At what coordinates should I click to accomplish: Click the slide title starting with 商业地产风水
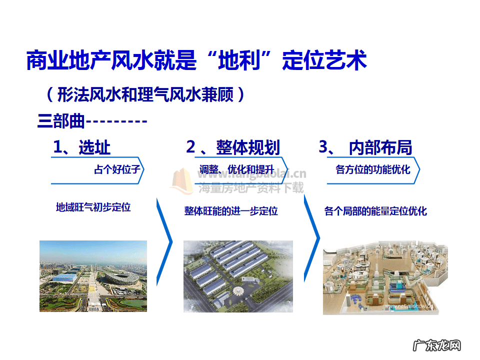tap(196, 60)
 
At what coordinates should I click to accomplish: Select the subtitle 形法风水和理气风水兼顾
tap(145, 94)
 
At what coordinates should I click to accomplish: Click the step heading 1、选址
tap(82, 147)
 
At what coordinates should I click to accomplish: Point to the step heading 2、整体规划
tap(233, 147)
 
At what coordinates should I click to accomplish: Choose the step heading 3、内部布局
tap(365, 147)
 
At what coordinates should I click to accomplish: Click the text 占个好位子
tap(116, 169)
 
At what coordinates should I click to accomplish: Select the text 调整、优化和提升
tap(236, 169)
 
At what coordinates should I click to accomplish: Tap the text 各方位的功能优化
tap(372, 169)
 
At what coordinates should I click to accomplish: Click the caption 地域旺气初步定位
tap(93, 207)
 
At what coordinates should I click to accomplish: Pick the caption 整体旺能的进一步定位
tap(231, 211)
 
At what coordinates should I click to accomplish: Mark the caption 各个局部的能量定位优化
tap(375, 211)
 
